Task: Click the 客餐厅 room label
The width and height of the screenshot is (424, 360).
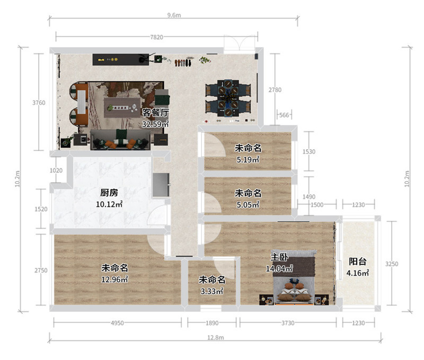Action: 155,113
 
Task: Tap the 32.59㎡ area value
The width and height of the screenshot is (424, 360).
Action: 155,124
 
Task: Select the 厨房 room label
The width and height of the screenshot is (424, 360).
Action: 109,193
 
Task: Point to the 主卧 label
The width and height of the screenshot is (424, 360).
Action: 279,257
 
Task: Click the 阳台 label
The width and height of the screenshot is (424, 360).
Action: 357,262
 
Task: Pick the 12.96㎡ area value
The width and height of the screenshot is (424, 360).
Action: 114,279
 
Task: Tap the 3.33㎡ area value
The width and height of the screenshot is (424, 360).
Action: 212,291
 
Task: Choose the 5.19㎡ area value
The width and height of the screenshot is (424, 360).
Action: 248,159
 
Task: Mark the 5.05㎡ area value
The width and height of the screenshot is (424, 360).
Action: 248,205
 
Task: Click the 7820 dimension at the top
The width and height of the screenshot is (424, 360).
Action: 156,37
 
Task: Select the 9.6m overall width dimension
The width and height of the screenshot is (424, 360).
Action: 174,15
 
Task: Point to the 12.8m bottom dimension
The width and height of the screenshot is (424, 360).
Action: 216,337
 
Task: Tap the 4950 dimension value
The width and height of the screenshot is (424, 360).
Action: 117,323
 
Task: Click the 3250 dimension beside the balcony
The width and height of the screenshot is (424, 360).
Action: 392,264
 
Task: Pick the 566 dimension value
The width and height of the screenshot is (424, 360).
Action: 284,115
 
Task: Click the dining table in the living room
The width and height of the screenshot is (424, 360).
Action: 228,97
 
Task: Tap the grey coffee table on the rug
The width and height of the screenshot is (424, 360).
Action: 122,107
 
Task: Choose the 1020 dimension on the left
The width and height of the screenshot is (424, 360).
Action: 56,170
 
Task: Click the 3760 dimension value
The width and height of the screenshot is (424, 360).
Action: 39,103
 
